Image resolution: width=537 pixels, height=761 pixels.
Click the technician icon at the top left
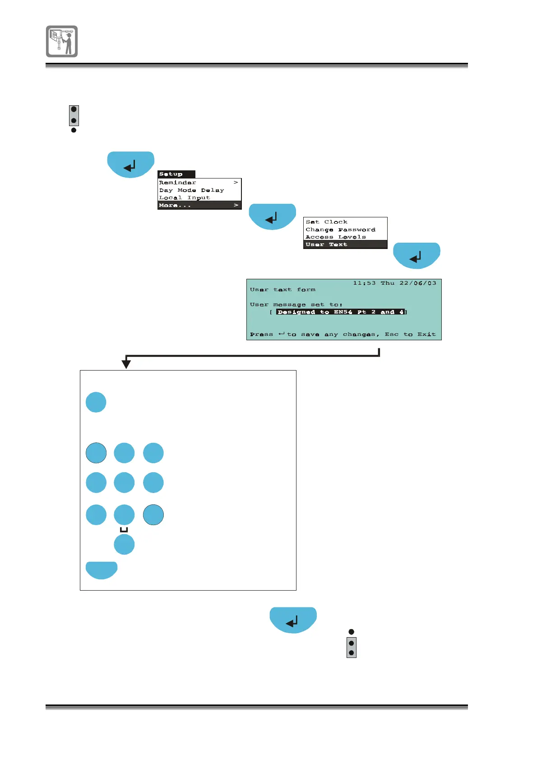(x=62, y=41)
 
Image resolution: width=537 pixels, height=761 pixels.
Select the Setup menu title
(x=171, y=174)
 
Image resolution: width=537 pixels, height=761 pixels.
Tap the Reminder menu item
(x=178, y=183)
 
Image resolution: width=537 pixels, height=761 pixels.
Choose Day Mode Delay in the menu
(x=191, y=190)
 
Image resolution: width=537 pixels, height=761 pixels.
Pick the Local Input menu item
(x=184, y=197)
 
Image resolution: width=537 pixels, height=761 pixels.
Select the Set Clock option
(x=326, y=222)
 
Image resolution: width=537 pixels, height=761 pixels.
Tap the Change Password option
(x=340, y=230)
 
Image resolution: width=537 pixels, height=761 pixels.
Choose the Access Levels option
(x=335, y=237)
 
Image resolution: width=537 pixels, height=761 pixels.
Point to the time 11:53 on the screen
(x=364, y=283)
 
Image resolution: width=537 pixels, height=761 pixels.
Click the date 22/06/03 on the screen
(x=418, y=283)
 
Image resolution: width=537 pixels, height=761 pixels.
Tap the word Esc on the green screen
(x=391, y=334)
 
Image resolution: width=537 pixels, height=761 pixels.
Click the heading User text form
(x=282, y=290)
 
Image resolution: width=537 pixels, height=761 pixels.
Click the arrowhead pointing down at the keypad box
(x=126, y=363)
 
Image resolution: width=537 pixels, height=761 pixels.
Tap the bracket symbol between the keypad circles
(x=124, y=530)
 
